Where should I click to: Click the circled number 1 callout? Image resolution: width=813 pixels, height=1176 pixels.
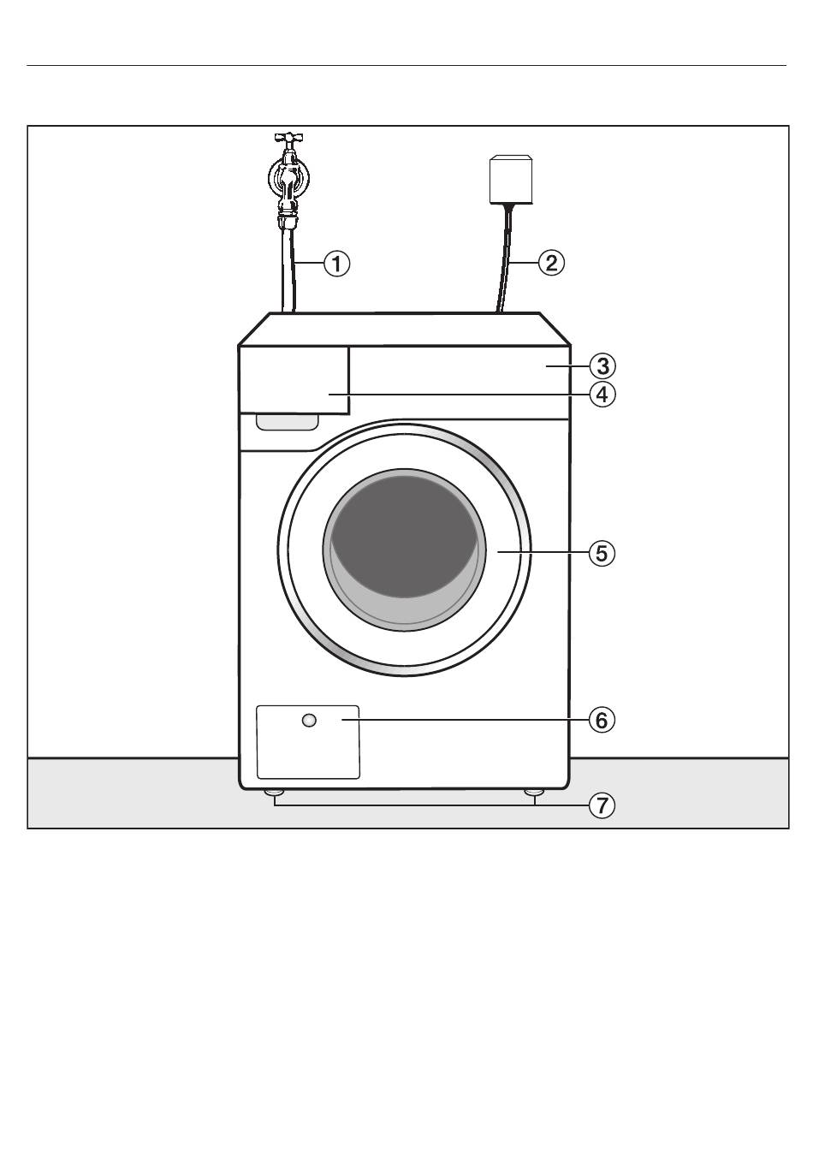coord(336,263)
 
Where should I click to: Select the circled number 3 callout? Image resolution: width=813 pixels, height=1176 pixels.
coord(602,366)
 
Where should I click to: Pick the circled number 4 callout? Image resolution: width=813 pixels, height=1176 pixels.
coord(602,395)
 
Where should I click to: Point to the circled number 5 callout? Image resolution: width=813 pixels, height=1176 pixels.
coord(602,553)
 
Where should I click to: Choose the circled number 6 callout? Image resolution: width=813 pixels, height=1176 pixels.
coord(602,720)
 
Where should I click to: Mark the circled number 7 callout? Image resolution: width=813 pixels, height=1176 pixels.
coord(602,805)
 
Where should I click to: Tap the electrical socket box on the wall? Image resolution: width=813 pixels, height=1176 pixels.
coord(511,179)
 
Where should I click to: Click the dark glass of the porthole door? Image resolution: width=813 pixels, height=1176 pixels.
coord(403,531)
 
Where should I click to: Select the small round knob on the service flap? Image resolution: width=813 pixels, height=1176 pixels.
coord(309,721)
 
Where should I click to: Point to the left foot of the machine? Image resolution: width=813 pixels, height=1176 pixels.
coord(274,793)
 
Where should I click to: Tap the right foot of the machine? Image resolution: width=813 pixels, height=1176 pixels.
coord(534,793)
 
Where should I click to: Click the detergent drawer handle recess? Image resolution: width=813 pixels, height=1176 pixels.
coord(288,421)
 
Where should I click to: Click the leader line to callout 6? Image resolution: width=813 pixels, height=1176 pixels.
coord(471,720)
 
